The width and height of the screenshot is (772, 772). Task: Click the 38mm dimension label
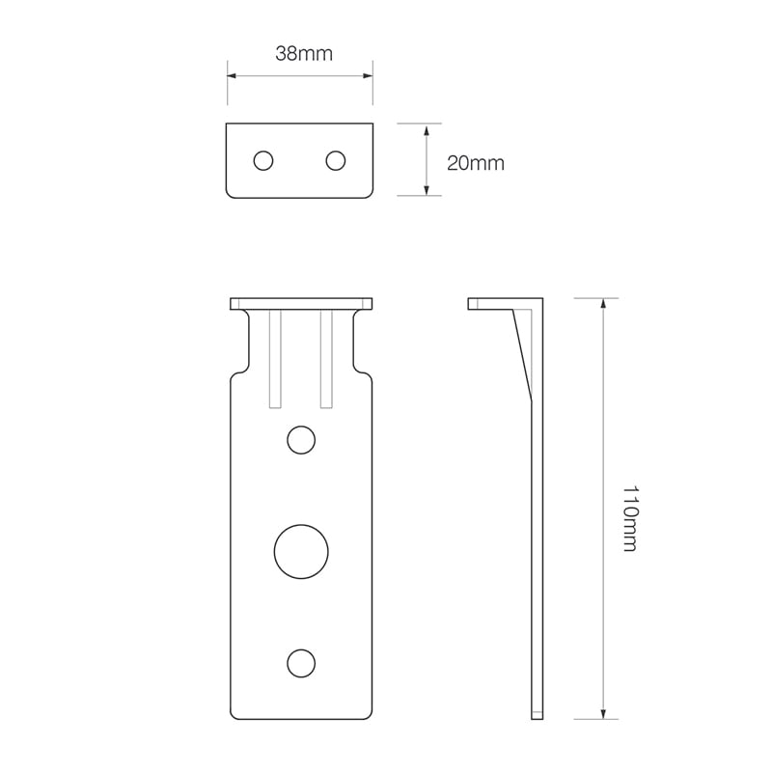(x=303, y=54)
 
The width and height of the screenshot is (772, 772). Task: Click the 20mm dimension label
(x=475, y=163)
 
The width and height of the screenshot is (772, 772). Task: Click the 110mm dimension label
(x=629, y=518)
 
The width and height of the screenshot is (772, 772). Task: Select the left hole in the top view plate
(x=262, y=160)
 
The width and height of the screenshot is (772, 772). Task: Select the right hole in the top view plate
(x=336, y=160)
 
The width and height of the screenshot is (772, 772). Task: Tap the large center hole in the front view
(x=301, y=552)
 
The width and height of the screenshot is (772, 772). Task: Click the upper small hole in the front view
(x=301, y=440)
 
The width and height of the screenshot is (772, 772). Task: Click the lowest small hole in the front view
(x=301, y=663)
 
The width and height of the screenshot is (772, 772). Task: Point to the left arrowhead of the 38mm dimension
(x=232, y=74)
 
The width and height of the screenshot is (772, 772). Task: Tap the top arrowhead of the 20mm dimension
(x=426, y=128)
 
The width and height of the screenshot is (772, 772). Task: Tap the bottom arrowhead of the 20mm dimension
(x=426, y=191)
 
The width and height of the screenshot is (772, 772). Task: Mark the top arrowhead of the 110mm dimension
(x=603, y=303)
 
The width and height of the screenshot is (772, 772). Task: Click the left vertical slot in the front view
(x=275, y=357)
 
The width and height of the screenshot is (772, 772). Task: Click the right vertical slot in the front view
(x=326, y=357)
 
